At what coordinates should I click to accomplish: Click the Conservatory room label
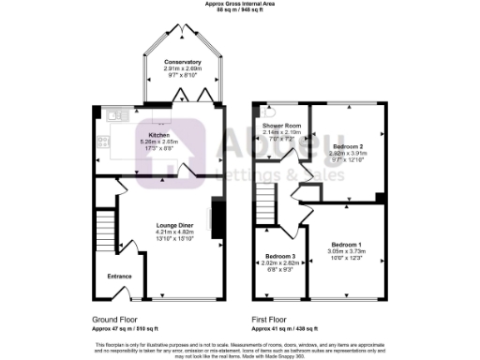(x=180, y=63)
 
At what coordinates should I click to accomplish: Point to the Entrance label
(x=118, y=277)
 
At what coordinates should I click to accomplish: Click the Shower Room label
(x=281, y=126)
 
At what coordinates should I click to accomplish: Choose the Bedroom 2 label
(x=348, y=147)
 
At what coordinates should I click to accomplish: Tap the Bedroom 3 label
(x=280, y=257)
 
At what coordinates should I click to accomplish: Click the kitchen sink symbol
(x=116, y=115)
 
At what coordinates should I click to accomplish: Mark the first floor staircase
(x=265, y=200)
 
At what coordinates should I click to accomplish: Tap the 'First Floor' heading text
(x=269, y=321)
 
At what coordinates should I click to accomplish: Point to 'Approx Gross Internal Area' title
(x=239, y=4)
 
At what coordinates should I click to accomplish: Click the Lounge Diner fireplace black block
(x=217, y=217)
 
